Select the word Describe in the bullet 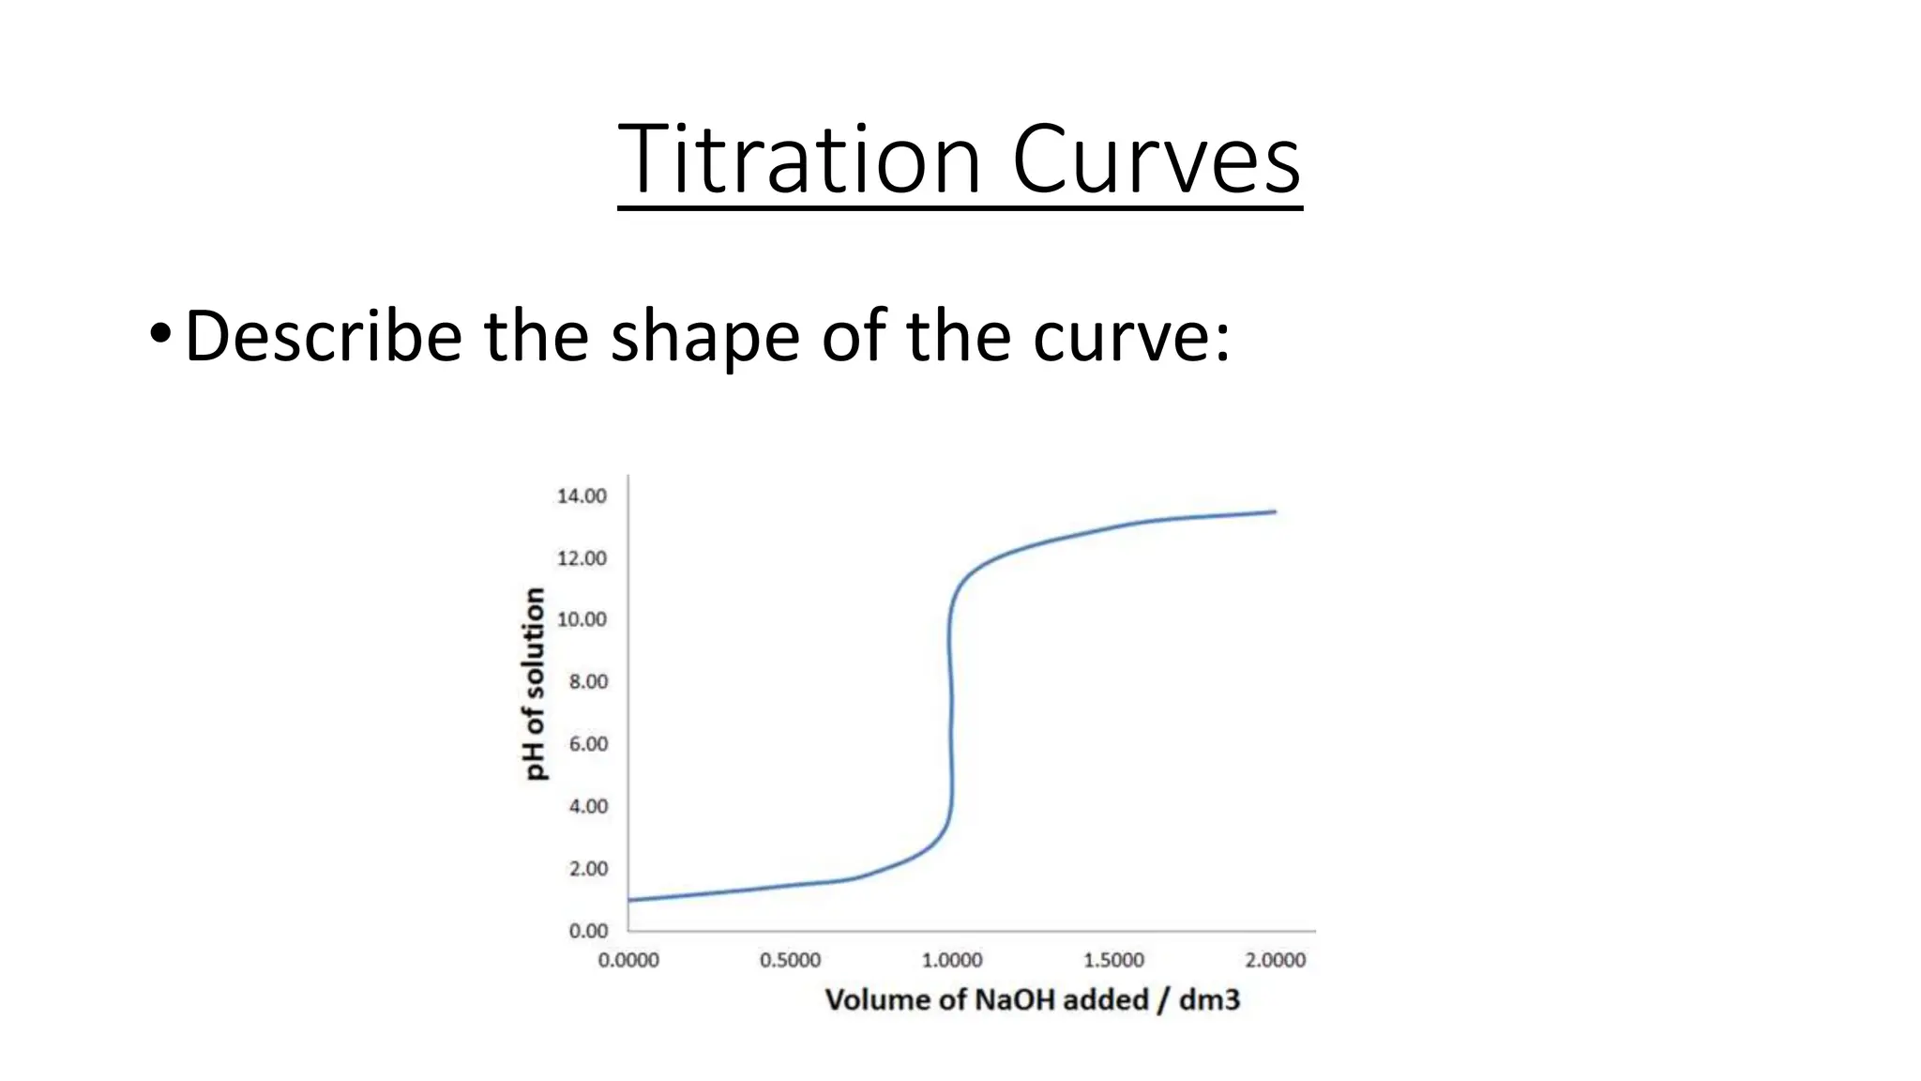[x=324, y=335]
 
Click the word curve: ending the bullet [x=1131, y=337]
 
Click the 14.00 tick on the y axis [x=582, y=495]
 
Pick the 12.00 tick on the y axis [x=582, y=558]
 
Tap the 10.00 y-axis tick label [x=582, y=619]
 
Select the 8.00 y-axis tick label [x=588, y=681]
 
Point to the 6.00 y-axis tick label [x=588, y=744]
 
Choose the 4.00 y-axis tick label [x=588, y=806]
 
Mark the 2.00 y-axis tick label [x=588, y=869]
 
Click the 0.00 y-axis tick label [x=588, y=931]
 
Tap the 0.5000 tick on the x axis [x=790, y=960]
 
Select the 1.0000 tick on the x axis [x=952, y=960]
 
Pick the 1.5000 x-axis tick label [x=1113, y=960]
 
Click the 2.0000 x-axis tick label [x=1275, y=960]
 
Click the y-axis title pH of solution [x=534, y=683]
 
